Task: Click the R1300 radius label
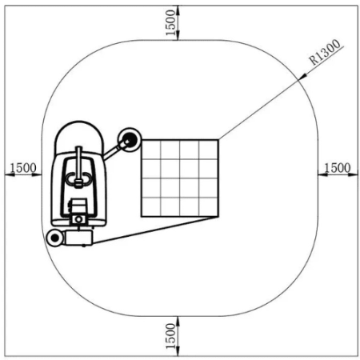[326, 54]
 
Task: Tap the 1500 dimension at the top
[169, 22]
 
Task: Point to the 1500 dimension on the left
[22, 167]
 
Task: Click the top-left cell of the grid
[151, 149]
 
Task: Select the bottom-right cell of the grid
[208, 206]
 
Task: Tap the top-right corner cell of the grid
[208, 149]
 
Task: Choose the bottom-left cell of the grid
[151, 206]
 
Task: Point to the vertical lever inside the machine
[78, 163]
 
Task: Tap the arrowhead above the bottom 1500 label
[178, 320]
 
